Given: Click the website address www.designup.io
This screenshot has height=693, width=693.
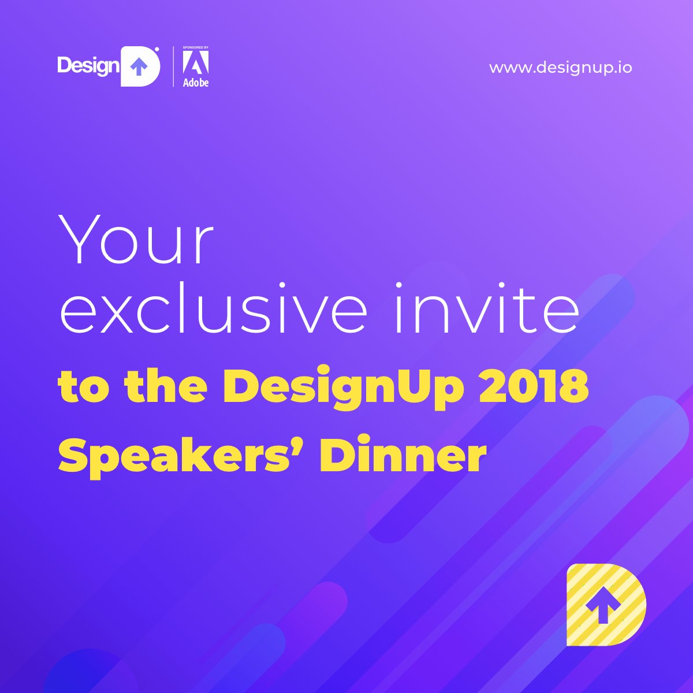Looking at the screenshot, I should [560, 68].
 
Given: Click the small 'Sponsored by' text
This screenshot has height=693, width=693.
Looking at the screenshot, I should [195, 46].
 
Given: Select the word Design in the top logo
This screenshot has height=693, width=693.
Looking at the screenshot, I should [87, 66].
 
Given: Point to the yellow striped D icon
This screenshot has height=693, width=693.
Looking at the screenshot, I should [606, 605].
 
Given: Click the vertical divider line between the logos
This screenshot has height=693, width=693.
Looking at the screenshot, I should [173, 67].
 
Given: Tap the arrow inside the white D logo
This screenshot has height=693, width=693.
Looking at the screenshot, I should [137, 67].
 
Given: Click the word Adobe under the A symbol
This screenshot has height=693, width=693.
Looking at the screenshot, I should [196, 82].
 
